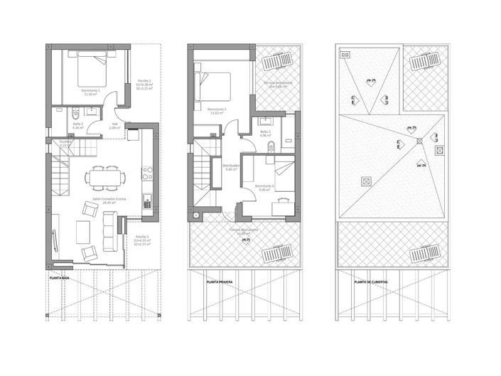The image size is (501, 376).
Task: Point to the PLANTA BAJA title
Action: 60,279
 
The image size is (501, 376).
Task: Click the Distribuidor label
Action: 230,168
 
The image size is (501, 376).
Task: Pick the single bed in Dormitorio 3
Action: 282,170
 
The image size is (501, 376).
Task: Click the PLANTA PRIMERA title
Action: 220,282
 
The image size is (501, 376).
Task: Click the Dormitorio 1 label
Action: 90,92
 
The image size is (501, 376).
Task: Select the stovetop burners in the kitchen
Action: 149,171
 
